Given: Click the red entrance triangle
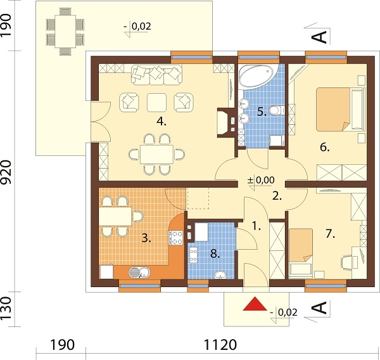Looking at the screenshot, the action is tap(255, 304).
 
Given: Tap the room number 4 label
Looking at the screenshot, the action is tap(161, 121).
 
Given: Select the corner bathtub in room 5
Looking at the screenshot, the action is tap(256, 75).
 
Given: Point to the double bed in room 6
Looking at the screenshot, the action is tap(340, 110).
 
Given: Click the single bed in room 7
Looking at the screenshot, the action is tap(300, 252).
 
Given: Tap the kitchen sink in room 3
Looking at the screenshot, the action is tap(139, 272).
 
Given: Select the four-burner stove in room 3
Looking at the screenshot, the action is tap(175, 238).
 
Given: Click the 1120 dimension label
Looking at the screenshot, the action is tap(220, 345).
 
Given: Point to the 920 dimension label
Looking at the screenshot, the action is tap(6, 172).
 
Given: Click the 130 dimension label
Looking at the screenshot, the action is tap(6, 308).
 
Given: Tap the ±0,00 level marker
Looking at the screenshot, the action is tap(261, 181).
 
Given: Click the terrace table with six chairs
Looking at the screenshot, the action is tap(65, 32).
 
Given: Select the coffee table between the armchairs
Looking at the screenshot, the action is tap(157, 103).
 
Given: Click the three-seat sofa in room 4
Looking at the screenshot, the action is tap(156, 75).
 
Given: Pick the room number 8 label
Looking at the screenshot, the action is tap(215, 254).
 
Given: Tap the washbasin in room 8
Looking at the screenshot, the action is tap(220, 275).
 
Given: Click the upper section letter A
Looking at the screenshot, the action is tap(319, 37).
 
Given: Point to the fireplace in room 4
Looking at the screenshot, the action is tap(223, 122).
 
